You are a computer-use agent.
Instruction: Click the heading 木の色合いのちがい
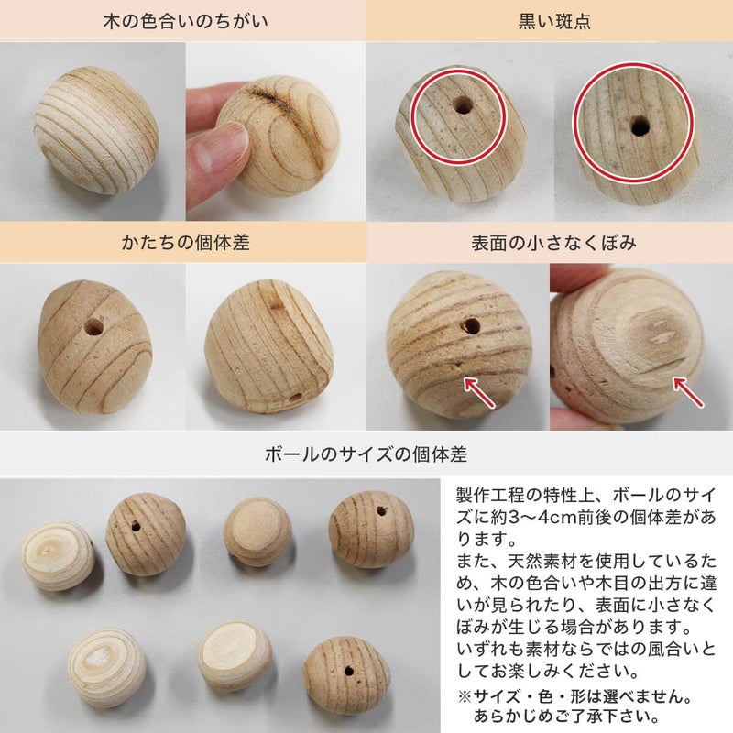pos(185,21)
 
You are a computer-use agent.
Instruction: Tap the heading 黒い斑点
pos(554,21)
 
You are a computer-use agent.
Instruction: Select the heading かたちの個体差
pos(185,242)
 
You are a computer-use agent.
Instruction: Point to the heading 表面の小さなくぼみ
pos(553,243)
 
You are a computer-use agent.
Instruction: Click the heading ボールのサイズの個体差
pos(366,454)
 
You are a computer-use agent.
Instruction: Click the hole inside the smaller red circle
pos(463,105)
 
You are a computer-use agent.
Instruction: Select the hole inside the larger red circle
pos(640,126)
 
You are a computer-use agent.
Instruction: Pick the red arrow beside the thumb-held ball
pos(688,392)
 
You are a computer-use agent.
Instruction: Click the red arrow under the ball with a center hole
pos(479,393)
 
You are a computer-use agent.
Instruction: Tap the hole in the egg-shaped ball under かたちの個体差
pos(93,327)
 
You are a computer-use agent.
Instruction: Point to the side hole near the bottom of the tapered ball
pos(295,399)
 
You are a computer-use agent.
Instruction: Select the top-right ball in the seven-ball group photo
pos(371,529)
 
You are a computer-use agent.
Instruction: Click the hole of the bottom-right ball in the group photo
pos(349,672)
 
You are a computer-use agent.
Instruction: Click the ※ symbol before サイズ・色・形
pos(465,696)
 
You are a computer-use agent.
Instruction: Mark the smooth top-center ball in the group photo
pos(257,531)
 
